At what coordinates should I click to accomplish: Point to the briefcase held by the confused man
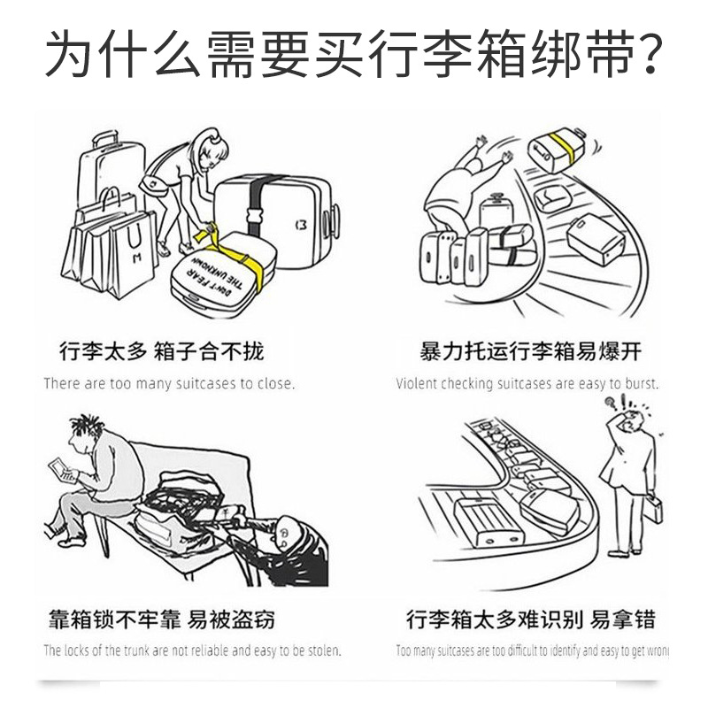click(x=653, y=509)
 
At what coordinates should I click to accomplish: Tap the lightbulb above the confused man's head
click(x=610, y=402)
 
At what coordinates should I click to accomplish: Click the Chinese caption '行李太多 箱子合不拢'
click(x=161, y=350)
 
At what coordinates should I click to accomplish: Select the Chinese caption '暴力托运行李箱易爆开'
click(x=530, y=350)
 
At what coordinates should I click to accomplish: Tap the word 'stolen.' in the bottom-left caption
click(x=325, y=650)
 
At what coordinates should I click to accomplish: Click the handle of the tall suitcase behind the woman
click(x=105, y=139)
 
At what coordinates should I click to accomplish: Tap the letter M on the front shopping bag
click(x=137, y=258)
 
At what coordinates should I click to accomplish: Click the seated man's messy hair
click(x=86, y=426)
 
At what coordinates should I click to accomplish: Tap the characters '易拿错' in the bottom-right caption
click(x=622, y=619)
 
